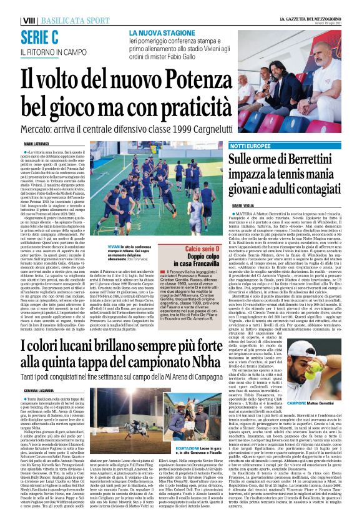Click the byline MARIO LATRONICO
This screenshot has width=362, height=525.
[x=37, y=143]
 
